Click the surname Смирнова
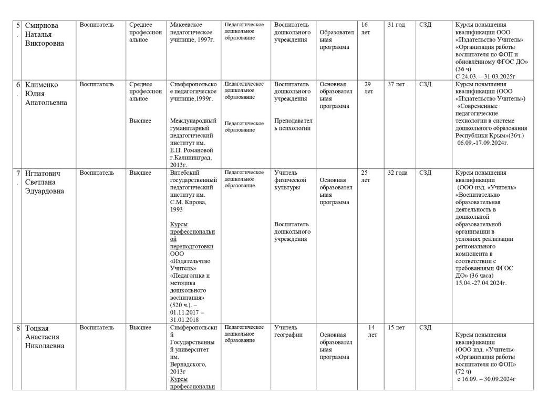coord(42,25)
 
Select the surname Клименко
coord(42,85)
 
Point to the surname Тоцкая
coord(39,328)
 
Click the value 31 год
coord(396,25)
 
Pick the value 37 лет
coord(396,84)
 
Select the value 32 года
coord(398,173)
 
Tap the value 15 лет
coord(396,328)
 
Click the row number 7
coord(18,173)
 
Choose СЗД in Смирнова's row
coord(425,25)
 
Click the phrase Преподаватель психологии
coord(293,124)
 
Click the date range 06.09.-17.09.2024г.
coord(483,143)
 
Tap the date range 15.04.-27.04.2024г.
coord(481,283)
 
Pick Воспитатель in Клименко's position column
coord(97,84)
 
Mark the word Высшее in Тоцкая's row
coord(140,328)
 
